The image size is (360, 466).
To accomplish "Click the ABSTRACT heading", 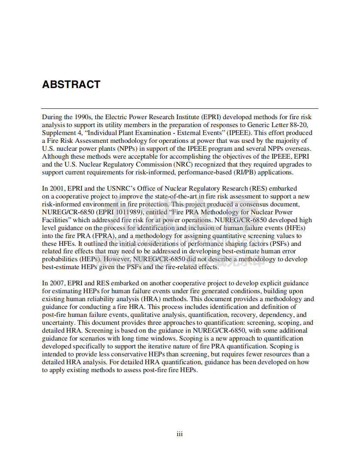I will pyautogui.click(x=71, y=84).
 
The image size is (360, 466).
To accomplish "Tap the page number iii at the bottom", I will pyautogui.click(x=180, y=434).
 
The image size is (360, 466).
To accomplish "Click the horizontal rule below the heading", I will pyautogui.click(x=180, y=109).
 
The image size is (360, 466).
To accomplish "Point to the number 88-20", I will pyautogui.click(x=299, y=125).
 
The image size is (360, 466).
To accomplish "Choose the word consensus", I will pyautogui.click(x=259, y=204).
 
